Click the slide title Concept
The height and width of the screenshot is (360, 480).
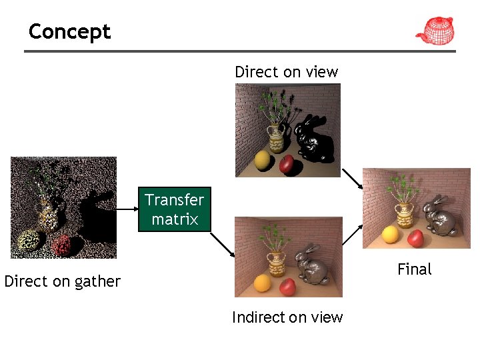[69, 31]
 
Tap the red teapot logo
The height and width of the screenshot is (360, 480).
[434, 31]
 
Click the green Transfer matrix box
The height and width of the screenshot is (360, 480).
[175, 209]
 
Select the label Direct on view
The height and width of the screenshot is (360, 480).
[286, 72]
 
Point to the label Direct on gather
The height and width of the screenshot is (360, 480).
[62, 281]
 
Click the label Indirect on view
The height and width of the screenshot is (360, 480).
[287, 317]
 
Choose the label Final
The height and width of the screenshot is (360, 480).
[414, 269]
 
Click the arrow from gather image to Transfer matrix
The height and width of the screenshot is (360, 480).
[127, 209]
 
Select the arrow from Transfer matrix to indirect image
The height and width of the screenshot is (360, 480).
[224, 244]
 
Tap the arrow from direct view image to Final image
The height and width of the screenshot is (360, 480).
[351, 179]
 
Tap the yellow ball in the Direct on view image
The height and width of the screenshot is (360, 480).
[263, 160]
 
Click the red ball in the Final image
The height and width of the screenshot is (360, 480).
[416, 237]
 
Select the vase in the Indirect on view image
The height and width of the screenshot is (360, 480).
[276, 262]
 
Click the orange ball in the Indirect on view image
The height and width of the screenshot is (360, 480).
[263, 283]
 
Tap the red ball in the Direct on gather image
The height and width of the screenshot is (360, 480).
[61, 245]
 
